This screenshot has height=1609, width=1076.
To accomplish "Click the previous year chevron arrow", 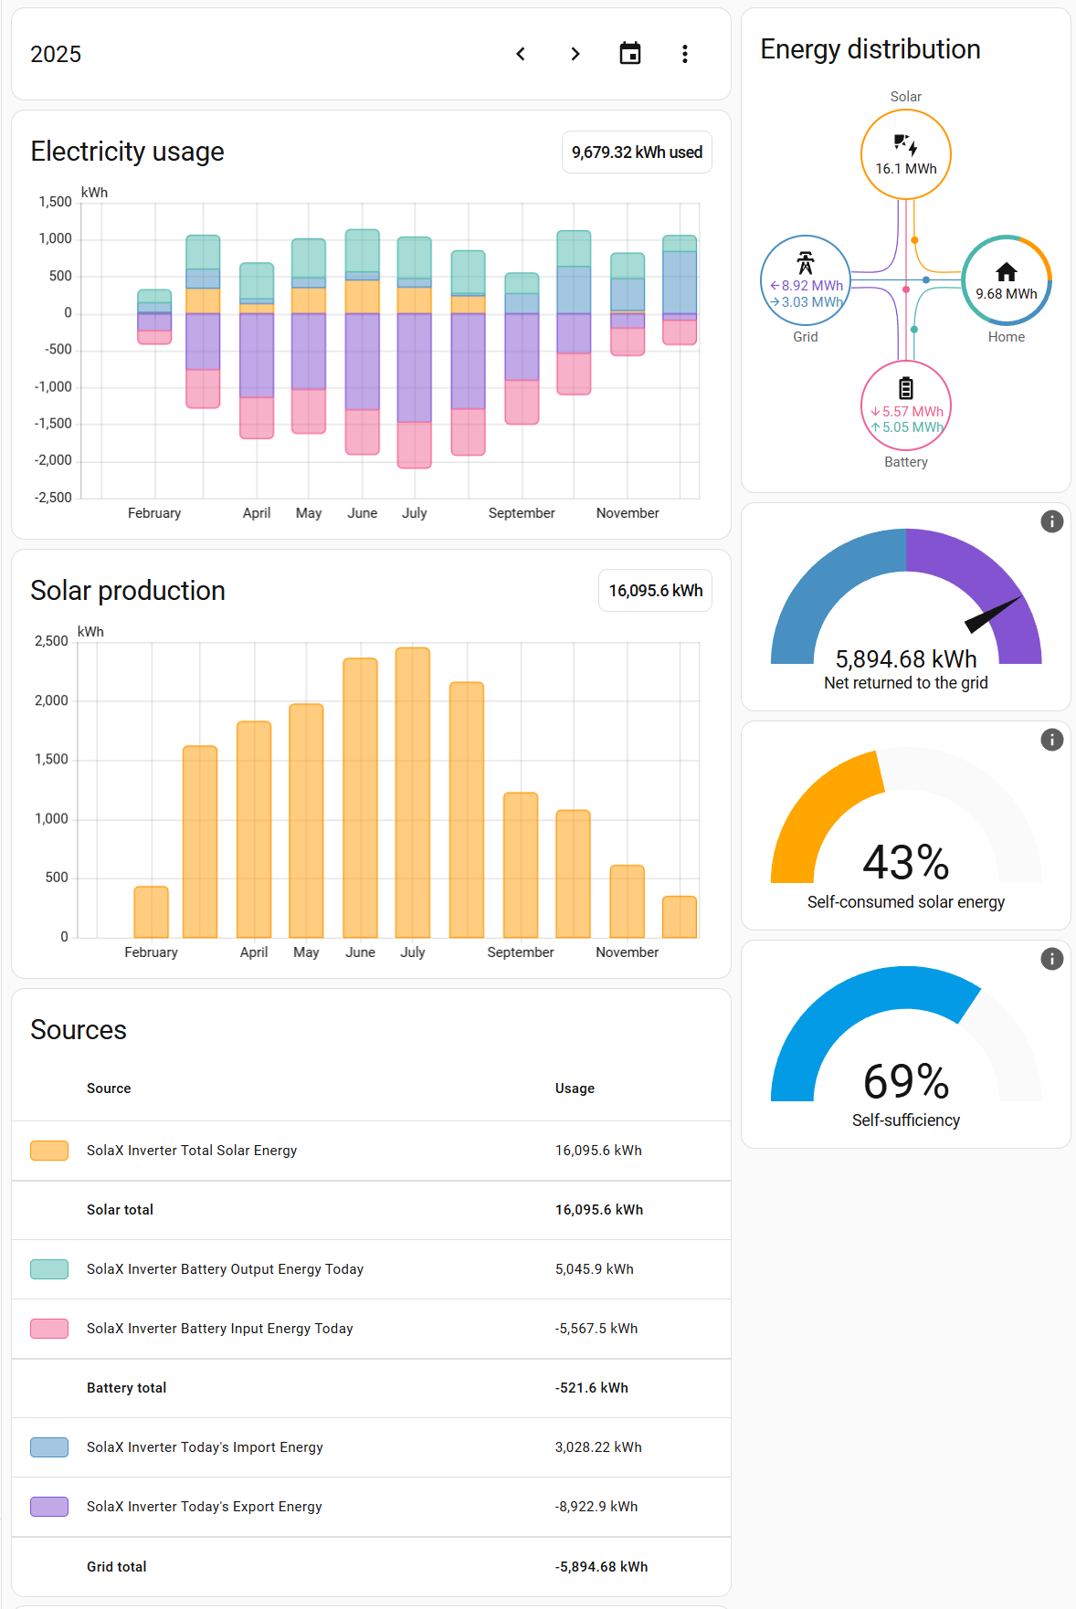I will pos(521,54).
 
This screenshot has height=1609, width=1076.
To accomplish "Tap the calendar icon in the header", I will pos(630,54).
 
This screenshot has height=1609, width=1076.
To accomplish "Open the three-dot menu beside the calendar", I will pos(685,54).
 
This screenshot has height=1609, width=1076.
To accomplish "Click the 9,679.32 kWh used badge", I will pos(637,152).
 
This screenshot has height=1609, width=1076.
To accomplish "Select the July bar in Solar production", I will pos(413,792).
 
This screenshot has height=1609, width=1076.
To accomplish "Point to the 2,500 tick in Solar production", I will pos(52,641).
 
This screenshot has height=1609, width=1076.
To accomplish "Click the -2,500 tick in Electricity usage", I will pos(53,498).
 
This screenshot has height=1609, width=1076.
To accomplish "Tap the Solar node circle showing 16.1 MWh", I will pos(906,154).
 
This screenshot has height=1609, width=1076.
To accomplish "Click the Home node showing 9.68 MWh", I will pos(1007,280).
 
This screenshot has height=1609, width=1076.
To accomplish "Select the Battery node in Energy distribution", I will pos(906,405).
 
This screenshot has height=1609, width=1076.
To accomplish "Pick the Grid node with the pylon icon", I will pos(806,280).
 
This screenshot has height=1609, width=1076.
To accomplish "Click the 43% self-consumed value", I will pos(906,863).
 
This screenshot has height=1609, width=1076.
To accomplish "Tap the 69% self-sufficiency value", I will pos(906,1082).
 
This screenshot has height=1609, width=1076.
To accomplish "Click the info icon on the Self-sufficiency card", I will pos(1052,959).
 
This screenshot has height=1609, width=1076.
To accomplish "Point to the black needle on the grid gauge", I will pos(993,615).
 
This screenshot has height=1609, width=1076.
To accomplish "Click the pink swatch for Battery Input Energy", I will pos(49,1329).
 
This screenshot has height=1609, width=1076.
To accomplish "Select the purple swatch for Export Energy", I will pos(49,1507).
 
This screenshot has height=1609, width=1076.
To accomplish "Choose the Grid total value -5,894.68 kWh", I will pos(601,1567).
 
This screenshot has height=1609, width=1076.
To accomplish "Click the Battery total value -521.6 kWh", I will pos(592,1388).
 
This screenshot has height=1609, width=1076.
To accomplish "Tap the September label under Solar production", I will pos(521,952).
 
